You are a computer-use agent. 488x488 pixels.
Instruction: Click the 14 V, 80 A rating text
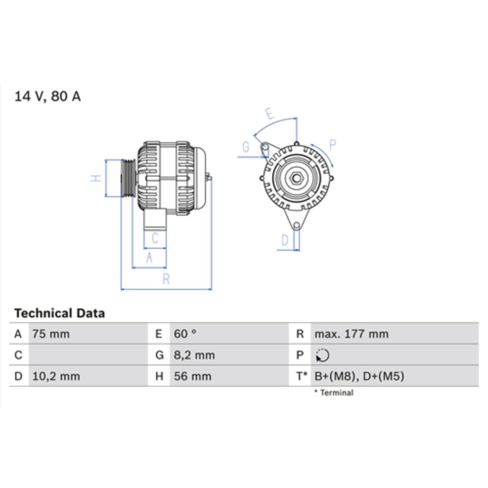[x=48, y=97]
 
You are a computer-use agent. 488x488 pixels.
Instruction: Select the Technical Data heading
[x=59, y=313]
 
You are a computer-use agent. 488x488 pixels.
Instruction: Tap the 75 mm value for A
[x=51, y=334]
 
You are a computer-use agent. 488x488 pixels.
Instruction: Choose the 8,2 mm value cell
[x=194, y=355]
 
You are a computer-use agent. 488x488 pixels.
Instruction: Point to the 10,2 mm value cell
[x=56, y=376]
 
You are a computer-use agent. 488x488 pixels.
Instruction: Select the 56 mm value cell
[x=193, y=376]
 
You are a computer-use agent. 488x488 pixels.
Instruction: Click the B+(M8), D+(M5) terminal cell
[x=359, y=376]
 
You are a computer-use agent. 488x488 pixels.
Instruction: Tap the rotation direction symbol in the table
[x=323, y=356]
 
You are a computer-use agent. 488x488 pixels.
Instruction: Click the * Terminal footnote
[x=334, y=392]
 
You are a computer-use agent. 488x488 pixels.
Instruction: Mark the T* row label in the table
[x=302, y=376]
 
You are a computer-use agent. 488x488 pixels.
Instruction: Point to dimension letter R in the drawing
[x=166, y=279]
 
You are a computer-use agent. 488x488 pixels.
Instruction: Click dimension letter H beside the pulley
[x=97, y=178]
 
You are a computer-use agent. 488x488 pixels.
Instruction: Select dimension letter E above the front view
[x=269, y=114]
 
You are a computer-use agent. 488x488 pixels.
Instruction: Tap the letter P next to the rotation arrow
[x=333, y=144]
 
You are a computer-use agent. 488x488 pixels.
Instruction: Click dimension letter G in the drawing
[x=246, y=147]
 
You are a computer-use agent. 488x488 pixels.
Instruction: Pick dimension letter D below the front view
[x=285, y=240]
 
